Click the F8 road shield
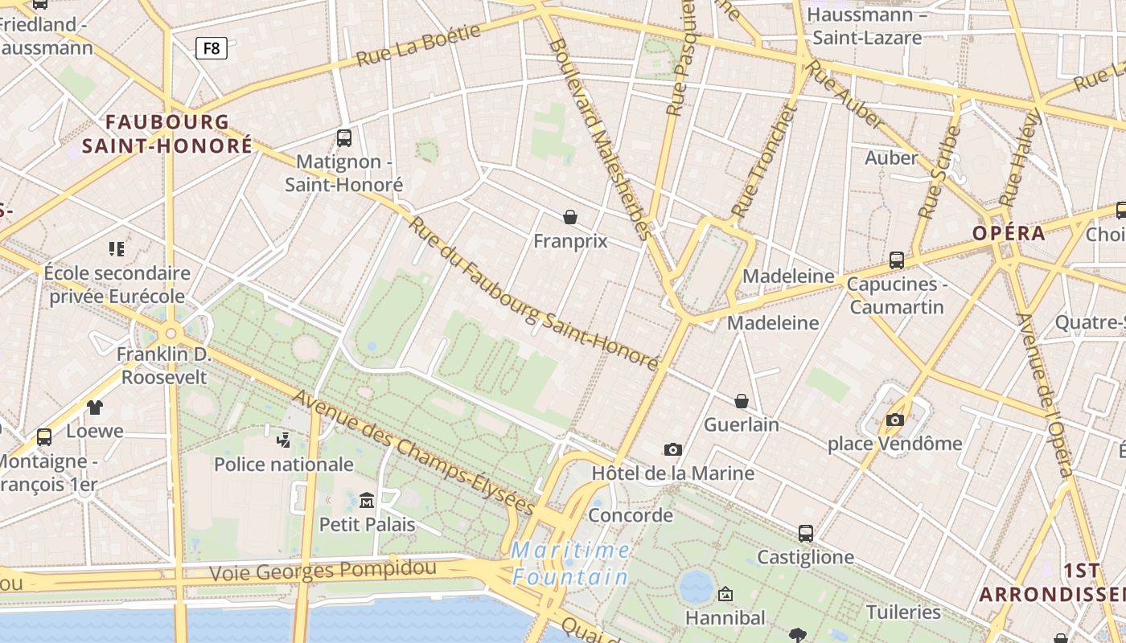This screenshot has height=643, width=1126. click(212, 48)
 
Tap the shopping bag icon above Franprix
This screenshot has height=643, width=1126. click(570, 217)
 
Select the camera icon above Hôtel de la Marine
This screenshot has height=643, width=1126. click(673, 449)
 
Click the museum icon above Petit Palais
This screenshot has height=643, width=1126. click(367, 500)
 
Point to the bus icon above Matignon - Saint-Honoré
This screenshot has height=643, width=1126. click(344, 137)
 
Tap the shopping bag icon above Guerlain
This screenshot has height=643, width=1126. click(742, 400)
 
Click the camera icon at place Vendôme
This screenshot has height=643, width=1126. click(894, 420)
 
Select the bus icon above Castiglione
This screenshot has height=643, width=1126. click(805, 533)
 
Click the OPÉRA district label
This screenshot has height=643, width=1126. click(1009, 233)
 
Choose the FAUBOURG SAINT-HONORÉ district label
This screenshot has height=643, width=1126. click(167, 133)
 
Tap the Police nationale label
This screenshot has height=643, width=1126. click(283, 464)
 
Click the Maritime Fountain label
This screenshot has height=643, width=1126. click(571, 563)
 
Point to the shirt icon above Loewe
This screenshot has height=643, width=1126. click(95, 407)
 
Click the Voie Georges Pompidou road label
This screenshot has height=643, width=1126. click(323, 571)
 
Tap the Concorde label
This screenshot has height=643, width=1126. click(631, 514)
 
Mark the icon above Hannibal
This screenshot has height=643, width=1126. click(725, 594)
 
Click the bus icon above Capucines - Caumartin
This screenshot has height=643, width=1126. click(896, 260)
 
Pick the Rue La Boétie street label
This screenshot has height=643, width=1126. click(418, 45)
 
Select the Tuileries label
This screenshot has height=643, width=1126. click(903, 612)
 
